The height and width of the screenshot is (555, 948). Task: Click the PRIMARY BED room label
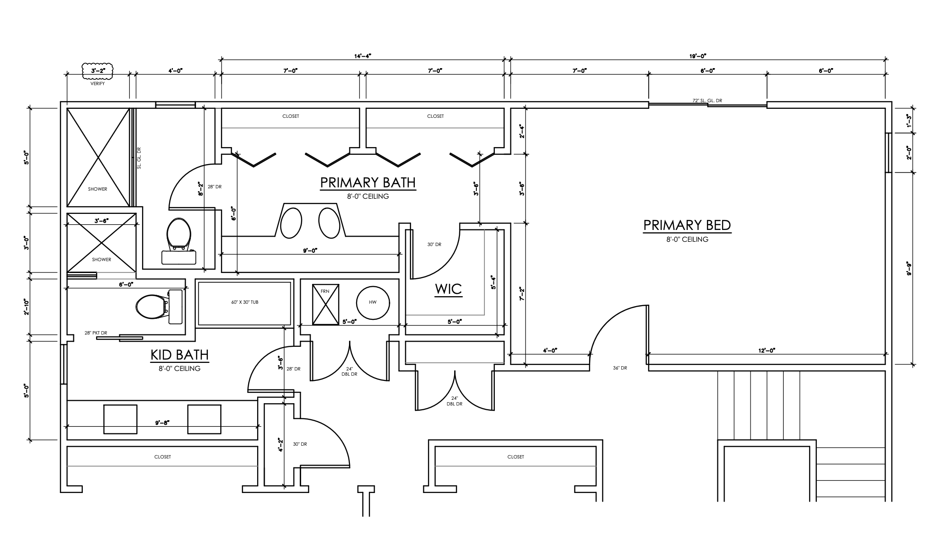pos(687,226)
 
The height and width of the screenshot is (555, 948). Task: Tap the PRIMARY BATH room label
pos(367,183)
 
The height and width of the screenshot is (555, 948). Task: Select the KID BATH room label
pos(179,355)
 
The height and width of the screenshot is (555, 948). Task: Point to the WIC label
pos(448,289)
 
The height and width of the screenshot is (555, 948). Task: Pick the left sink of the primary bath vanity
pos(291,223)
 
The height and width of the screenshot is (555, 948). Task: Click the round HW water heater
pos(373,303)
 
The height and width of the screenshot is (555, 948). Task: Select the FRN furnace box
pos(325,304)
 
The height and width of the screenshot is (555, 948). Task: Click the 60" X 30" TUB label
pos(244,302)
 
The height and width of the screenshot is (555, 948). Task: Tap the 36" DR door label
pos(619,368)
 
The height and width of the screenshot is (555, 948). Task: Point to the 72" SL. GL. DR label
pos(707,101)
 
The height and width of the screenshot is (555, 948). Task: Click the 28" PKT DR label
pos(96,333)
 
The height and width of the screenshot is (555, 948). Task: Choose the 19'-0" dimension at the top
pos(698,56)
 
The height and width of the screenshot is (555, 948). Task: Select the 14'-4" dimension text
pos(363,56)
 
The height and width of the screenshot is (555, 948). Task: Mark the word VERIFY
pos(98,84)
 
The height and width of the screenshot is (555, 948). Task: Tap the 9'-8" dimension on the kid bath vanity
pos(161,423)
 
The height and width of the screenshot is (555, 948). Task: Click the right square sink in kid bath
pos(204,419)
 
